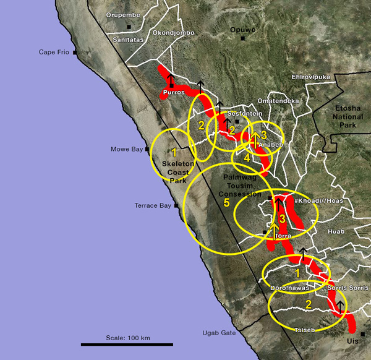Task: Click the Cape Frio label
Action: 54,53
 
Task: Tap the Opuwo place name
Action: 242,30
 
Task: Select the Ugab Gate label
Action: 219,333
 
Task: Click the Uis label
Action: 352,341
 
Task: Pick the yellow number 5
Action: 226,202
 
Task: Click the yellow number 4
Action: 247,158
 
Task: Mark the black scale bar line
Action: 118,344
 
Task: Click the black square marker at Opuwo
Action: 243,38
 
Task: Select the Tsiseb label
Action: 305,330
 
